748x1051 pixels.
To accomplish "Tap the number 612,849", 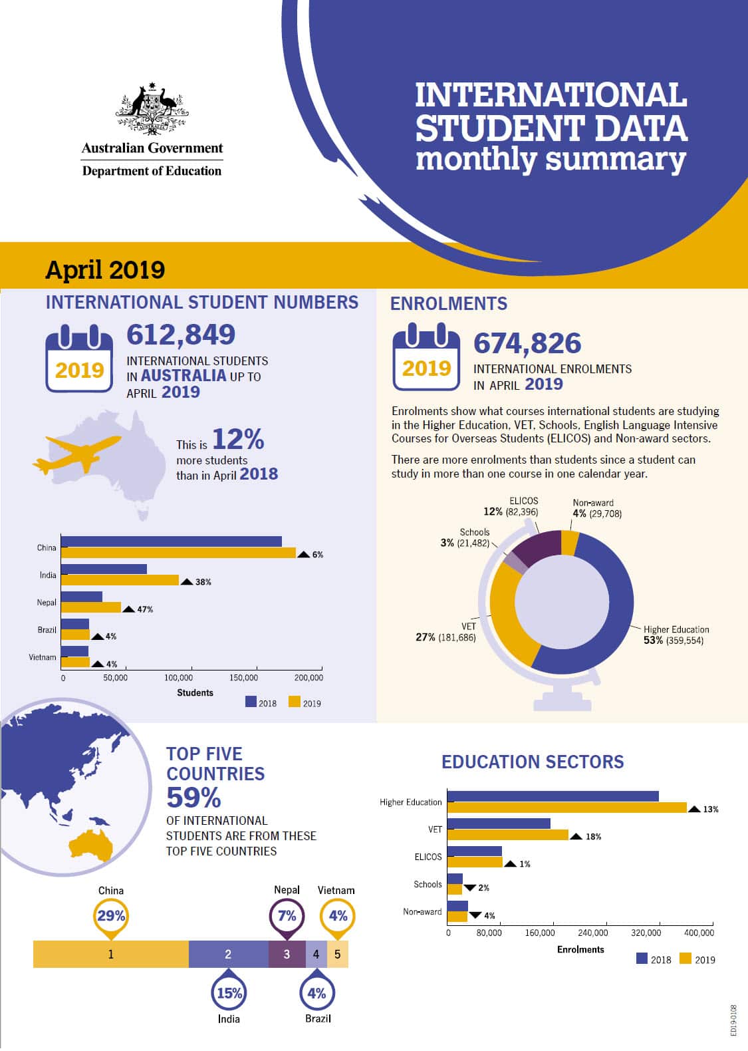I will pyautogui.click(x=181, y=335).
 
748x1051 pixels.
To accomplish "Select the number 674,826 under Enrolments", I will pyautogui.click(x=527, y=343).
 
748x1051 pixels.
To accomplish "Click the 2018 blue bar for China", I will pyautogui.click(x=171, y=541).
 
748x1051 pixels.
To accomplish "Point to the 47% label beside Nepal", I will pyautogui.click(x=145, y=609).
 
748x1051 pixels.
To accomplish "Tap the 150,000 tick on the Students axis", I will pyautogui.click(x=243, y=678).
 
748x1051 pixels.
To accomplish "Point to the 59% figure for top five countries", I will pyautogui.click(x=193, y=797).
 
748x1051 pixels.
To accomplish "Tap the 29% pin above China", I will pyautogui.click(x=111, y=916).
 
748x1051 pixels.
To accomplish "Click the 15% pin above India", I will pyautogui.click(x=229, y=994).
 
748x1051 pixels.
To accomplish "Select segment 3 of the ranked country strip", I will pyautogui.click(x=287, y=954).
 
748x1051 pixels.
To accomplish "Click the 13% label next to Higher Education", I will pyautogui.click(x=710, y=810).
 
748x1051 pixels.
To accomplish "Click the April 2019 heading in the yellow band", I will pyautogui.click(x=105, y=270).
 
